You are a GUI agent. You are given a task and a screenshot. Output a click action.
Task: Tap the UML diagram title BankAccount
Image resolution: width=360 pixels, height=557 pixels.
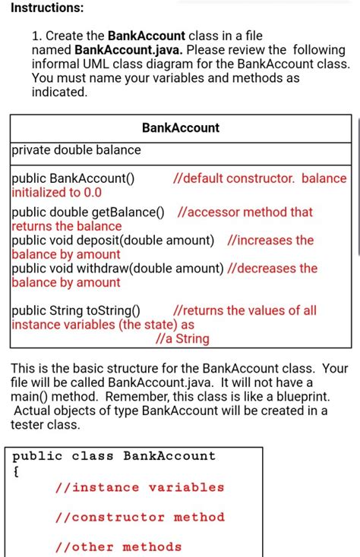[x=181, y=128]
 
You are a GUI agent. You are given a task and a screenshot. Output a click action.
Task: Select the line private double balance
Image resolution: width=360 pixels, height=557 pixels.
[x=76, y=150]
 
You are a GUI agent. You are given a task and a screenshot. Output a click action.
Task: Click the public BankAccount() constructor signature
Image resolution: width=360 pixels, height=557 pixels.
[x=73, y=179]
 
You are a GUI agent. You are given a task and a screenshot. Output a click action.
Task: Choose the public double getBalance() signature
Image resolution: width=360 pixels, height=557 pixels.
[x=88, y=212]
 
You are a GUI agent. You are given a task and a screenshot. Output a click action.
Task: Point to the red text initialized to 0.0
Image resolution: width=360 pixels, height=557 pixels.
[x=57, y=193]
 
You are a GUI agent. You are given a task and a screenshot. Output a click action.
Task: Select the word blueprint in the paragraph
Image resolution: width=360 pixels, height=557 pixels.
[x=301, y=398]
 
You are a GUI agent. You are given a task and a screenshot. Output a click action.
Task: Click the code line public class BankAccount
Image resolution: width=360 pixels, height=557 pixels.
[x=114, y=456]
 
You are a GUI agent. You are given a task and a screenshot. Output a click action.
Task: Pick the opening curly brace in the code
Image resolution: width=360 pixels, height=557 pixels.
[x=16, y=470]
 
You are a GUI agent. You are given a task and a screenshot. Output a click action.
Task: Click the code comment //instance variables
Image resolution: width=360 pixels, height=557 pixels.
[x=140, y=487]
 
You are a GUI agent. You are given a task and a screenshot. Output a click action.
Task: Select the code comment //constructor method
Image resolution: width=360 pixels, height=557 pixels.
[x=140, y=517]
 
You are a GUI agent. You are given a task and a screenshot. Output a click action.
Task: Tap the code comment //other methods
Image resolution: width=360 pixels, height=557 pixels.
[x=118, y=546]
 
